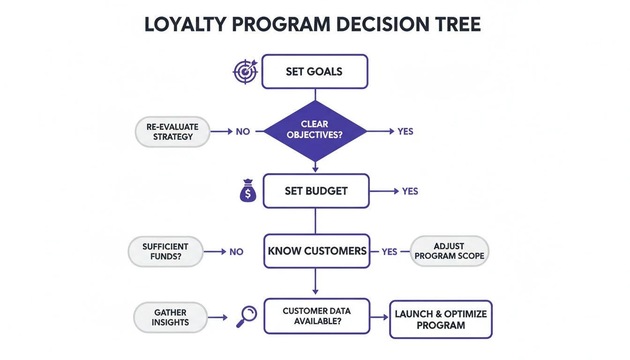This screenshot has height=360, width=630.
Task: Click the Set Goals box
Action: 315,72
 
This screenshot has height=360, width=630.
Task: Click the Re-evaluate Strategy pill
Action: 172,132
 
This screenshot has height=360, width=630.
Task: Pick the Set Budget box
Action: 316,191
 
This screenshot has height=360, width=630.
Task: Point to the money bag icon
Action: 248,192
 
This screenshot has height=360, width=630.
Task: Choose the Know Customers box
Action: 317,251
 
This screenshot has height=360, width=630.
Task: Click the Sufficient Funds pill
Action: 165,251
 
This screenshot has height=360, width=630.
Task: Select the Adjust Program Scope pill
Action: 449,251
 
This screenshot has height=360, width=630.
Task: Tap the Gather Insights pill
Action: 171,317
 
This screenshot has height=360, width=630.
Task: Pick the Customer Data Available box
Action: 316,316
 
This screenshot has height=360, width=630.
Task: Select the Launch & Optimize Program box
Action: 441,320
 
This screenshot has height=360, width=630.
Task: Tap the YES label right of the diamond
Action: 405,132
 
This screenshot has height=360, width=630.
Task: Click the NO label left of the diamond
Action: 243,132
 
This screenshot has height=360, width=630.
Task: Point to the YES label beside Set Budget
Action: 410,191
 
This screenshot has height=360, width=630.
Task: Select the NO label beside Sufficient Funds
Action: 236,252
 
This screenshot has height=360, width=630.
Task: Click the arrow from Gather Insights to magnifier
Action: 217,317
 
